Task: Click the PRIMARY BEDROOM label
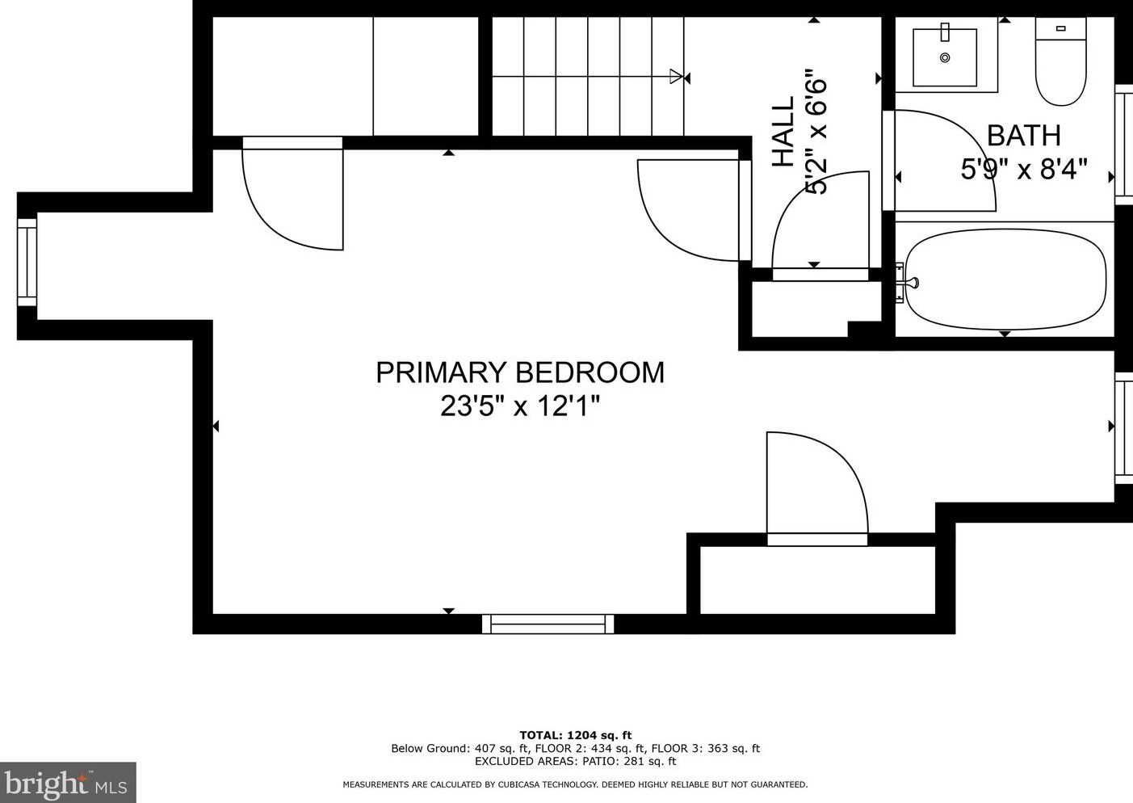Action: point(520,372)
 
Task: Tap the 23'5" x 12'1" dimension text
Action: point(520,406)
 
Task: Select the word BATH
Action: point(1024,136)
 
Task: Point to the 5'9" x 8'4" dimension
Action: point(1024,169)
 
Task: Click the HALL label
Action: point(783,132)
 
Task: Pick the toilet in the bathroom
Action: point(1060,61)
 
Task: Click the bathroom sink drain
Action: point(945,57)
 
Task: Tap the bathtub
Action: point(1005,280)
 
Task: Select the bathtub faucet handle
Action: point(912,282)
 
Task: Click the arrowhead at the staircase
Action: point(676,77)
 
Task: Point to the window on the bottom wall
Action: point(548,624)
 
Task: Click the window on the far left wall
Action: point(27,262)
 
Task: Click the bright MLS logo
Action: point(68,782)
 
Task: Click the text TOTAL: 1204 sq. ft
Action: point(576,735)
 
